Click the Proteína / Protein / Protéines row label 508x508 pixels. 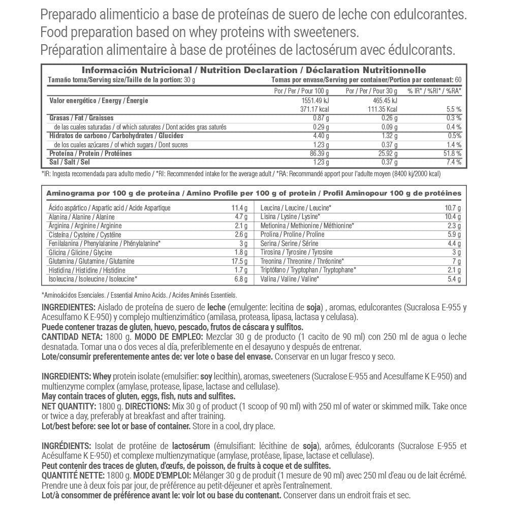pyautogui.click(x=90, y=153)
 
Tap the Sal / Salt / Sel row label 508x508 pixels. pyautogui.click(x=69, y=162)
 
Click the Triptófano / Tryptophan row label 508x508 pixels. pyautogui.click(x=307, y=270)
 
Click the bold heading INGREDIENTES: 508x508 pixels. pyautogui.click(x=68, y=307)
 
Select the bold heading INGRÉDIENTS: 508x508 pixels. pyautogui.click(x=67, y=446)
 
